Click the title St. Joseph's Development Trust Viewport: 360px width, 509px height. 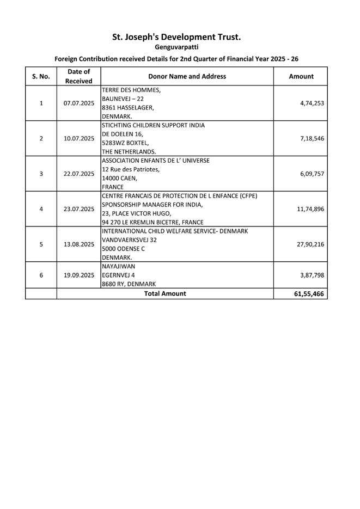pyautogui.click(x=176, y=37)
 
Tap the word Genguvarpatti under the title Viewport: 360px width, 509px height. pyautogui.click(x=177, y=48)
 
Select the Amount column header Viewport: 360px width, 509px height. pyautogui.click(x=301, y=76)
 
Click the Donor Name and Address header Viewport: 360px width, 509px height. pyautogui.click(x=187, y=76)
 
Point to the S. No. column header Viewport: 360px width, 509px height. pyautogui.click(x=41, y=76)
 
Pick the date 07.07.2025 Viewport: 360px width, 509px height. pyautogui.click(x=79, y=103)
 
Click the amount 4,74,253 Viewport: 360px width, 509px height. pyautogui.click(x=312, y=103)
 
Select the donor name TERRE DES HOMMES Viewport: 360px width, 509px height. pyautogui.click(x=131, y=90)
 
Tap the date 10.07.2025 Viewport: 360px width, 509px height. pyautogui.click(x=79, y=138)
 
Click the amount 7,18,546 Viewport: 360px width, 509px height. pyautogui.click(x=312, y=138)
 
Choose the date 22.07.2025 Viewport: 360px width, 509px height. pyautogui.click(x=79, y=174)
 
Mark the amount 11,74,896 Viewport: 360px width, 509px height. pyautogui.click(x=310, y=208)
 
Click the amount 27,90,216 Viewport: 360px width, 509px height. pyautogui.click(x=310, y=244)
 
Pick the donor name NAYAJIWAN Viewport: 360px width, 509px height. pyautogui.click(x=118, y=266)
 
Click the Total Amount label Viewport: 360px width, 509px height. pyautogui.click(x=164, y=293)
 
